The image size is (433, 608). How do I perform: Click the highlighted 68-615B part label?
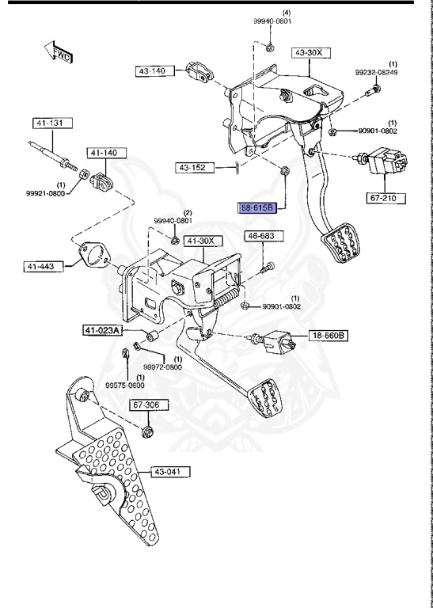pyautogui.click(x=256, y=208)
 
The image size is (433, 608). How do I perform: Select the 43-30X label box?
pyautogui.click(x=309, y=53)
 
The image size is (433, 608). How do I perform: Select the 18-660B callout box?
pyautogui.click(x=328, y=336)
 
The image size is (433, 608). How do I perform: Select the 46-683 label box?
pyautogui.click(x=260, y=236)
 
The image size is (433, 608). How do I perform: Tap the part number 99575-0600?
pyautogui.click(x=127, y=386)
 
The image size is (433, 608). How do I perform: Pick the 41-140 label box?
pyautogui.click(x=104, y=151)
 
